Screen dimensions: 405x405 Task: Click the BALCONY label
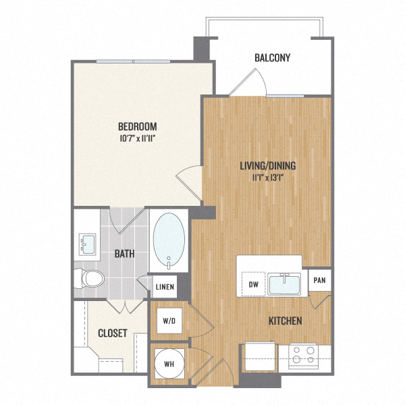272,57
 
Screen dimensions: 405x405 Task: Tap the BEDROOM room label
137,126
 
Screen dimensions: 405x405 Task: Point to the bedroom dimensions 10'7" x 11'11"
137,138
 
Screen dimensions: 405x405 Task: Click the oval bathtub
169,240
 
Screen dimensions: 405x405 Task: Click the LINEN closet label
165,287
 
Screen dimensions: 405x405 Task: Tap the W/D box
167,321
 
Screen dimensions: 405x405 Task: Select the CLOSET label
113,333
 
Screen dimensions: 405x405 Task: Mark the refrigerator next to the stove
261,356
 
